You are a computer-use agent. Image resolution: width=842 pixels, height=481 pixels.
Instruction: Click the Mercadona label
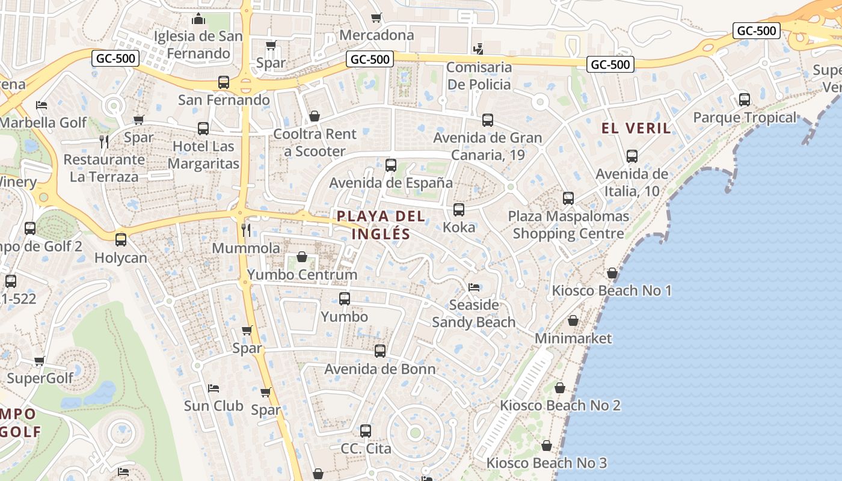(376, 35)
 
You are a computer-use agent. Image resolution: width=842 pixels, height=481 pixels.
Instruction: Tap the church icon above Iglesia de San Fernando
(198, 19)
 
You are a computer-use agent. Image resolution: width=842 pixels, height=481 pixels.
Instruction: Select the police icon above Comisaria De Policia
(479, 49)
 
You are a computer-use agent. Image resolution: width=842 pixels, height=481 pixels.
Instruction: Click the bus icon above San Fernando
(224, 82)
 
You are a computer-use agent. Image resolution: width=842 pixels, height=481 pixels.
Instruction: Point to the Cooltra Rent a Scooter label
(315, 142)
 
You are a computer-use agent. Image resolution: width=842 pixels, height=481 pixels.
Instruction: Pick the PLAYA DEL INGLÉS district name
(381, 225)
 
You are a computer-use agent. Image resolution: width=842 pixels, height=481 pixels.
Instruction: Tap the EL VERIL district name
(636, 128)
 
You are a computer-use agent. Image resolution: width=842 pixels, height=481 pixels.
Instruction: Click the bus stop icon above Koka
(459, 209)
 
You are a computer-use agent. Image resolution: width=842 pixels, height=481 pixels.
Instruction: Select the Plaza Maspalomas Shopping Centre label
(568, 224)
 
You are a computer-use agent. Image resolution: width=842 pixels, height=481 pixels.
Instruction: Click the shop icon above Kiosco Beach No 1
(612, 273)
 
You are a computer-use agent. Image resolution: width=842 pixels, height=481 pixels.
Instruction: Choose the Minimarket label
(573, 339)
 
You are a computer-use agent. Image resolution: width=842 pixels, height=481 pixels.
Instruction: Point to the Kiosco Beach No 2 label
(560, 405)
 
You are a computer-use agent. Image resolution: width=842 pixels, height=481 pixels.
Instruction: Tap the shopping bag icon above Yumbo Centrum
(302, 257)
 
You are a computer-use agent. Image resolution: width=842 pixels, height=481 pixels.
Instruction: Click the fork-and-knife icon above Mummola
(246, 230)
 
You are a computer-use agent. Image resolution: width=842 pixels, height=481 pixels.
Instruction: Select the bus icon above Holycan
(121, 240)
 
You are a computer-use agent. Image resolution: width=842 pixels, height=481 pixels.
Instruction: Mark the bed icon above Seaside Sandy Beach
(474, 287)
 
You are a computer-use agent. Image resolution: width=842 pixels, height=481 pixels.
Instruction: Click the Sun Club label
(214, 406)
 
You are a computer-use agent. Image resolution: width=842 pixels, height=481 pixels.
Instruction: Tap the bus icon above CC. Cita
(366, 430)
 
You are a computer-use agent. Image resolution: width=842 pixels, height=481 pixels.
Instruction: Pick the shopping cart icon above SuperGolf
(40, 361)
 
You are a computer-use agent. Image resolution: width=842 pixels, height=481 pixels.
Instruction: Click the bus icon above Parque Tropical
(745, 99)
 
